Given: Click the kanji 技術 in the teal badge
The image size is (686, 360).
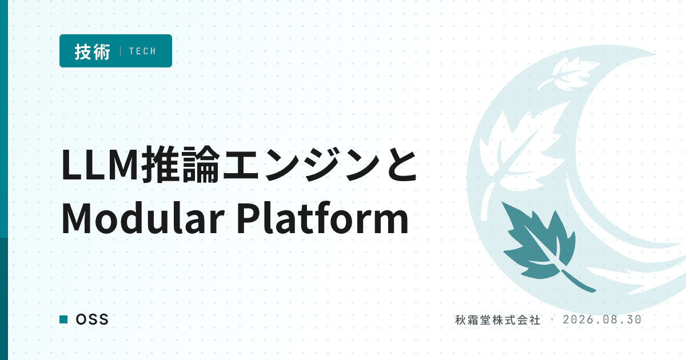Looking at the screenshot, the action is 92,51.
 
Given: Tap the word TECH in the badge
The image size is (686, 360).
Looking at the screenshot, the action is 142,51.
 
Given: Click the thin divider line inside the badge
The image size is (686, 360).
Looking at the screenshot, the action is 121,51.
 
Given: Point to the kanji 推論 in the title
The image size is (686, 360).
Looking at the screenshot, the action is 181,164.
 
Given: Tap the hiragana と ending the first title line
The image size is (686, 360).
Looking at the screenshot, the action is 402,164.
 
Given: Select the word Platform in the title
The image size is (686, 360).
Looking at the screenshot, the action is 323,218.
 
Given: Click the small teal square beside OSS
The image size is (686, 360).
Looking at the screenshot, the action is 63,319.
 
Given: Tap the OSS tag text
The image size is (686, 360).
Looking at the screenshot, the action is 92,319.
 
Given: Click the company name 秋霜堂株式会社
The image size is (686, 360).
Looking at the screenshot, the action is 498,320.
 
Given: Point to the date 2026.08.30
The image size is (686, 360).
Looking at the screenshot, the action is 602,320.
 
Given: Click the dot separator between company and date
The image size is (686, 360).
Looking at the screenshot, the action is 552,320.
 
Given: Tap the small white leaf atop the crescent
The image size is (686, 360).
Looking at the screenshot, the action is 568,74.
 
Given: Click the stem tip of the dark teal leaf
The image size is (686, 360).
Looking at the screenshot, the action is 593,290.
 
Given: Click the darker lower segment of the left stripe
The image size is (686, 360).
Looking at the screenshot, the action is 4,299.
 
